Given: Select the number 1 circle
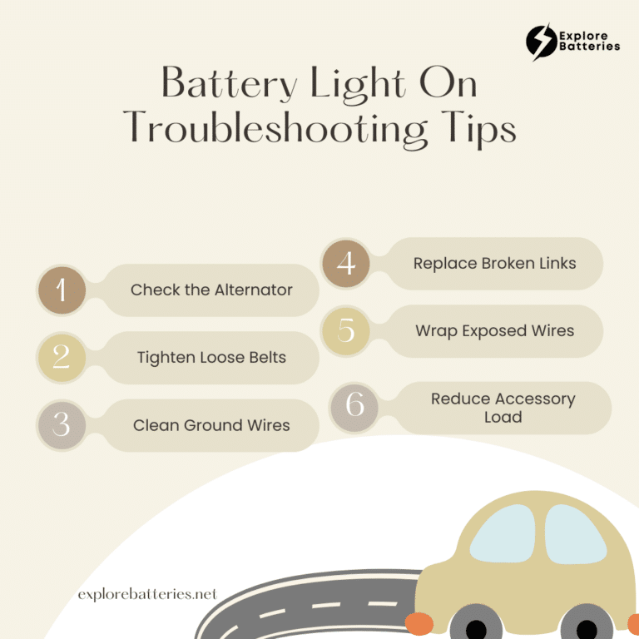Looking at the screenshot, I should pyautogui.click(x=62, y=290).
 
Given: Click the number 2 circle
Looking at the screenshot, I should pyautogui.click(x=62, y=357).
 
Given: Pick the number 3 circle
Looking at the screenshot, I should pyautogui.click(x=62, y=424).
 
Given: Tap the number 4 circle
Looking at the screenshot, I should pyautogui.click(x=346, y=264).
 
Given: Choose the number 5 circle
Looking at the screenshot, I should pyautogui.click(x=346, y=330).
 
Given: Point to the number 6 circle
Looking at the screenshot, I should pyautogui.click(x=355, y=406).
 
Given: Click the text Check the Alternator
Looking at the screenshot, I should pyautogui.click(x=211, y=290).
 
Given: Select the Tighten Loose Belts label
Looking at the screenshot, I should pyautogui.click(x=211, y=358).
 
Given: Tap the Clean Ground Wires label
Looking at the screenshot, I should pyautogui.click(x=211, y=425).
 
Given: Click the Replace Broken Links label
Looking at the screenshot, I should pyautogui.click(x=494, y=263).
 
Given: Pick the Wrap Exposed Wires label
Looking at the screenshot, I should pyautogui.click(x=494, y=330).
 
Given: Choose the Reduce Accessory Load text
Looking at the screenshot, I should pyautogui.click(x=503, y=408).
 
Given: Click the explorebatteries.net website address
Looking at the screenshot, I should pyautogui.click(x=147, y=594).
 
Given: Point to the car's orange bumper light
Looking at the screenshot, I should pyautogui.click(x=419, y=623).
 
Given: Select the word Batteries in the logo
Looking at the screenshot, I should pyautogui.click(x=590, y=47).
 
